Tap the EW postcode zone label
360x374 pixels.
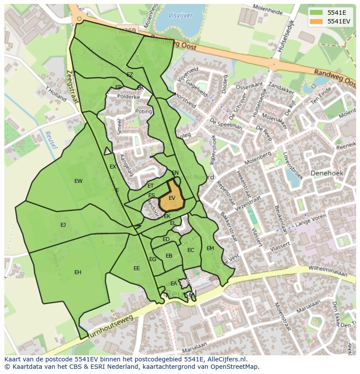click(x=78, y=181)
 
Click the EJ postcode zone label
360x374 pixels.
click(x=63, y=225)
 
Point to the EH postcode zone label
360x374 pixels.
click(x=78, y=272)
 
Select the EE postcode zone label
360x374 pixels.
click(x=137, y=268)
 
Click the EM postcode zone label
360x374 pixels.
click(x=210, y=248)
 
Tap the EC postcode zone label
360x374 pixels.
click(x=190, y=250)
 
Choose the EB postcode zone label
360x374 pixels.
click(x=169, y=256)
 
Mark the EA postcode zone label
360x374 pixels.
click(x=173, y=284)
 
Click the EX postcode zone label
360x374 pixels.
click(x=113, y=167)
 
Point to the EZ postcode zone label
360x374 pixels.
click(x=130, y=75)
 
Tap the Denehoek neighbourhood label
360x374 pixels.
click(x=327, y=173)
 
